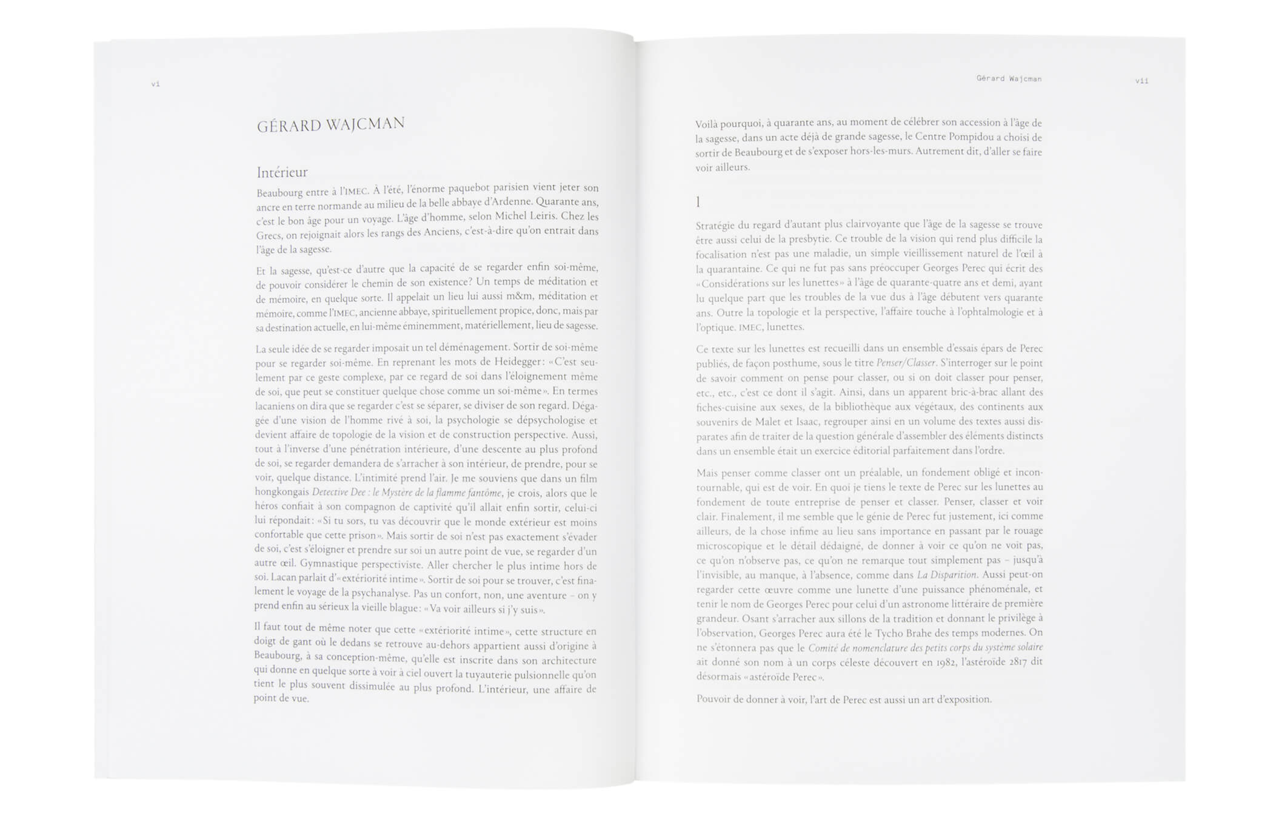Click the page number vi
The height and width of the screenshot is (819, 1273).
click(x=155, y=84)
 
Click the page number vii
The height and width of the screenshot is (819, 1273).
click(x=1141, y=81)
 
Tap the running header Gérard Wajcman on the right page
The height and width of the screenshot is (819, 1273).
click(x=1009, y=79)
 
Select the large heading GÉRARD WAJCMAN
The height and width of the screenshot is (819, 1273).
click(x=330, y=125)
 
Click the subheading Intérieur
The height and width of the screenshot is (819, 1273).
click(x=282, y=173)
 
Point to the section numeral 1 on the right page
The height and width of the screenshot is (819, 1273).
click(x=698, y=202)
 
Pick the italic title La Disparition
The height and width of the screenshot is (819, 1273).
click(x=946, y=575)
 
